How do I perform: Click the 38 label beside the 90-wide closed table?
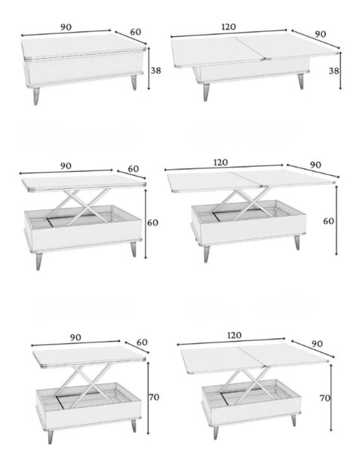pos(155,71)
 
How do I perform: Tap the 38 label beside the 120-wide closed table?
pos(334,71)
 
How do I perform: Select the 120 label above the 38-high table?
pos(229,27)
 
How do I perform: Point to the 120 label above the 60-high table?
pos(221,162)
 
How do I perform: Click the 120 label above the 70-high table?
pos(234,336)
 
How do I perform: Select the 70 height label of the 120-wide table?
pos(325,398)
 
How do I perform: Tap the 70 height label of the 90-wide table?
pos(154,397)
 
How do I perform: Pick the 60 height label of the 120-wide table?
pos(329,221)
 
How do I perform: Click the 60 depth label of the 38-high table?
pos(136,32)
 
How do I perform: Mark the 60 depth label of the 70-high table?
pos(142,343)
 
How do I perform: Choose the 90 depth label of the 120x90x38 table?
pos(321,34)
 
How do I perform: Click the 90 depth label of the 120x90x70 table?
pos(317,344)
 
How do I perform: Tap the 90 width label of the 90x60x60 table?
pos(66,165)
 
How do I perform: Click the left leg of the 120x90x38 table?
pos(206,92)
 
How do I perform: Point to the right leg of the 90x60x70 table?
pos(134,426)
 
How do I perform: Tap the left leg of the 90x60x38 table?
pos(36,96)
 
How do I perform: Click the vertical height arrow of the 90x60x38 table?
pos(149,68)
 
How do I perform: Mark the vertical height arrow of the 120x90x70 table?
pos(331,398)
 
